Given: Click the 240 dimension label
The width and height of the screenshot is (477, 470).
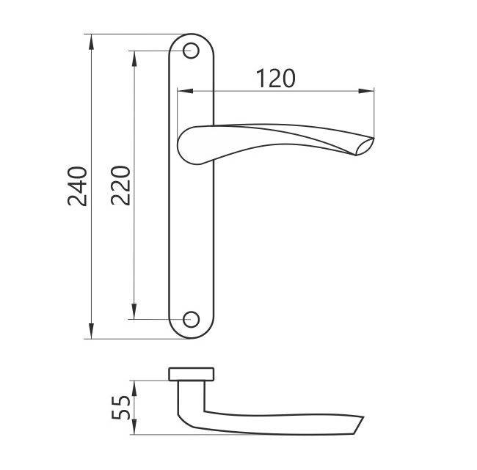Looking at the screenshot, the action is coord(78,186).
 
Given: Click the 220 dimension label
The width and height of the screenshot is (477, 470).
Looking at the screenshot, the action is coord(121,186).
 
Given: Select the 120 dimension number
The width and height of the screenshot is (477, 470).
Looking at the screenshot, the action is coord(276,78).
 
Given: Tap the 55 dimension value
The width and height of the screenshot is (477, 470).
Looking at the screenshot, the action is coord(121,408).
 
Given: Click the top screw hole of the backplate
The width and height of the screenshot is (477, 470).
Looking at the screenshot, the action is coord(191,51).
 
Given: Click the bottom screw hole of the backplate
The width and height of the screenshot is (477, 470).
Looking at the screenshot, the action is coord(191,320).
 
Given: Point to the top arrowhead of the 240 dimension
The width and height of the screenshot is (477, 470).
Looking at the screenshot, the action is coord(91,42).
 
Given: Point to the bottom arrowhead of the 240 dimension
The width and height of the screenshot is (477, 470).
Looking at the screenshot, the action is coord(91,331).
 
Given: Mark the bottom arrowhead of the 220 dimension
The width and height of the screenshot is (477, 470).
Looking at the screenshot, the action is coord(134,312).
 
